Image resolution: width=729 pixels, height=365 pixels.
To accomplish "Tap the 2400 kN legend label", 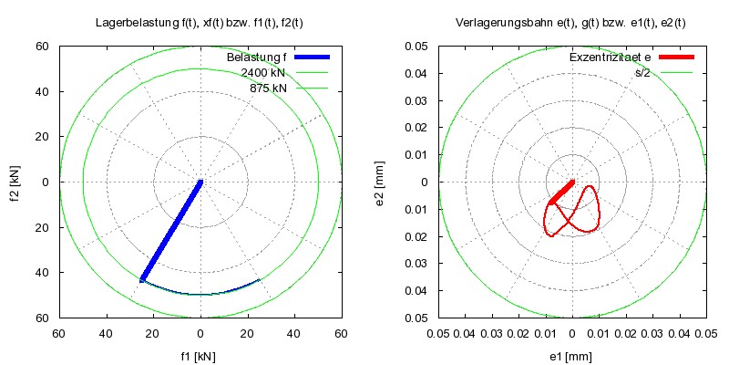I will click(x=264, y=73).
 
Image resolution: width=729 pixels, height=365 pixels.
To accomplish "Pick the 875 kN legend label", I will click(x=268, y=88).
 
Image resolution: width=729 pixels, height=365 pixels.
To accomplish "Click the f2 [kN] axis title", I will click(x=15, y=182).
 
